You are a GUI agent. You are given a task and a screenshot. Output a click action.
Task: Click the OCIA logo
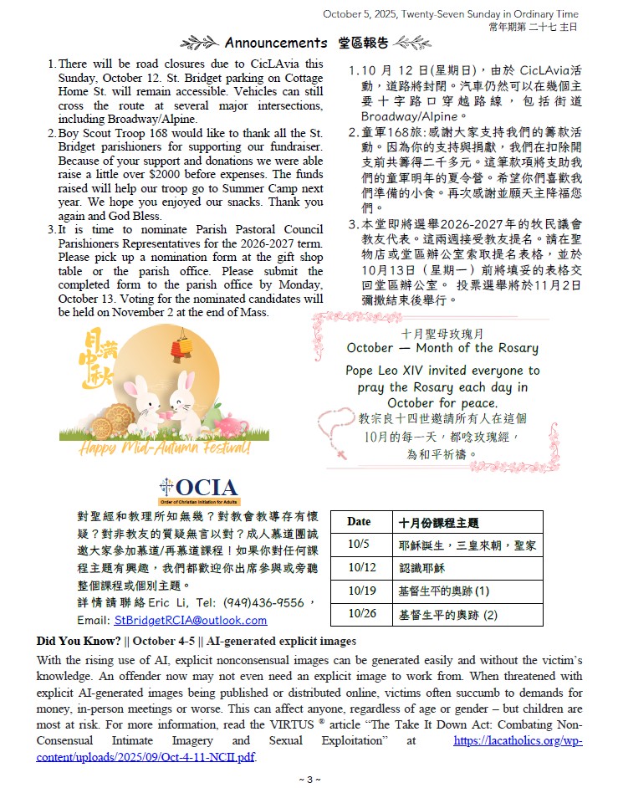199,489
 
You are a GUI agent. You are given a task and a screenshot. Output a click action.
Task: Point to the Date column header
359,521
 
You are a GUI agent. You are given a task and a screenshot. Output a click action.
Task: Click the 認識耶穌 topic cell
421,568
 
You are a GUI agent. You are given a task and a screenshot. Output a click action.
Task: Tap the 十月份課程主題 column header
439,522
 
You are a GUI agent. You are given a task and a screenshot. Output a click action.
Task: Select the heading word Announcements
276,43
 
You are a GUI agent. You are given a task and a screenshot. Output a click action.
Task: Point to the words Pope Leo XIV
384,370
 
